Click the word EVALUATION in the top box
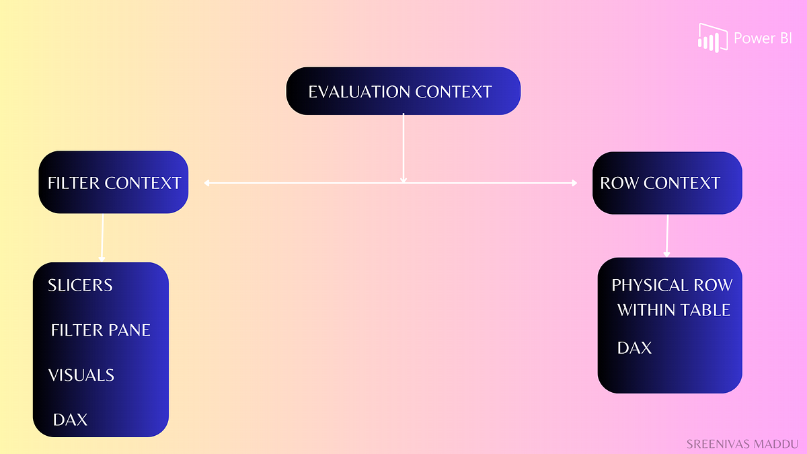click(x=359, y=92)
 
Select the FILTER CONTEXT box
click(x=114, y=182)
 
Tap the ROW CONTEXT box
click(x=666, y=183)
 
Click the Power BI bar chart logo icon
click(x=713, y=38)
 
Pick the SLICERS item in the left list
click(x=80, y=285)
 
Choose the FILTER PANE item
click(x=101, y=330)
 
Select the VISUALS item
click(x=81, y=375)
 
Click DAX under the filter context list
click(x=71, y=420)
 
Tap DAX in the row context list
click(x=635, y=348)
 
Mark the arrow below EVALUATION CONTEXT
click(x=403, y=148)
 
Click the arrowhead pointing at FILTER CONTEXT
click(x=207, y=182)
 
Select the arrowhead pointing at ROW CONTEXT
click(x=574, y=182)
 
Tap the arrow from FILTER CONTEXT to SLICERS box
click(x=102, y=239)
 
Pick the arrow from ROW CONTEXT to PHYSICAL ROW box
click(x=667, y=235)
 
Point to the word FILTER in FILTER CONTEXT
click(x=74, y=183)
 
